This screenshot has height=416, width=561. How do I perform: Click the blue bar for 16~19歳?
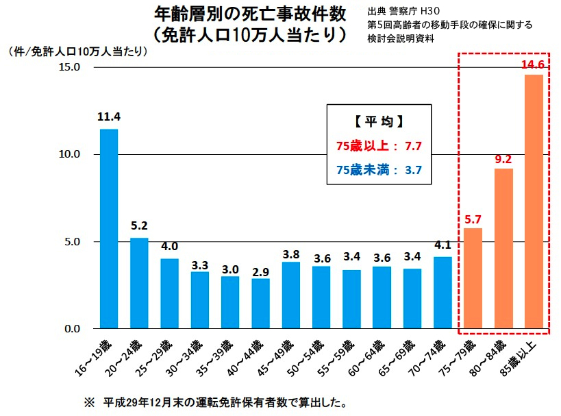pyautogui.click(x=109, y=229)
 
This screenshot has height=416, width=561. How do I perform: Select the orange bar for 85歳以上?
pyautogui.click(x=533, y=201)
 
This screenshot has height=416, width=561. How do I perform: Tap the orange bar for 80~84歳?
pyautogui.click(x=503, y=248)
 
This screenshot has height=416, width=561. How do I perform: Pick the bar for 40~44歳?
pyautogui.click(x=261, y=304)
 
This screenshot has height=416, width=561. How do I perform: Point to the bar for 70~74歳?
pyautogui.click(x=442, y=293)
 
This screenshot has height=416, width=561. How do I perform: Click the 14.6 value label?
pyautogui.click(x=533, y=66)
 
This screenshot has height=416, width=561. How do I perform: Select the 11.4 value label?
pyautogui.click(x=109, y=117)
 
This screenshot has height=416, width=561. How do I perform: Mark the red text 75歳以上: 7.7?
pyautogui.click(x=378, y=146)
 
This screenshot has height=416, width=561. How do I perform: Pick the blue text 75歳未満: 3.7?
pyautogui.click(x=378, y=170)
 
